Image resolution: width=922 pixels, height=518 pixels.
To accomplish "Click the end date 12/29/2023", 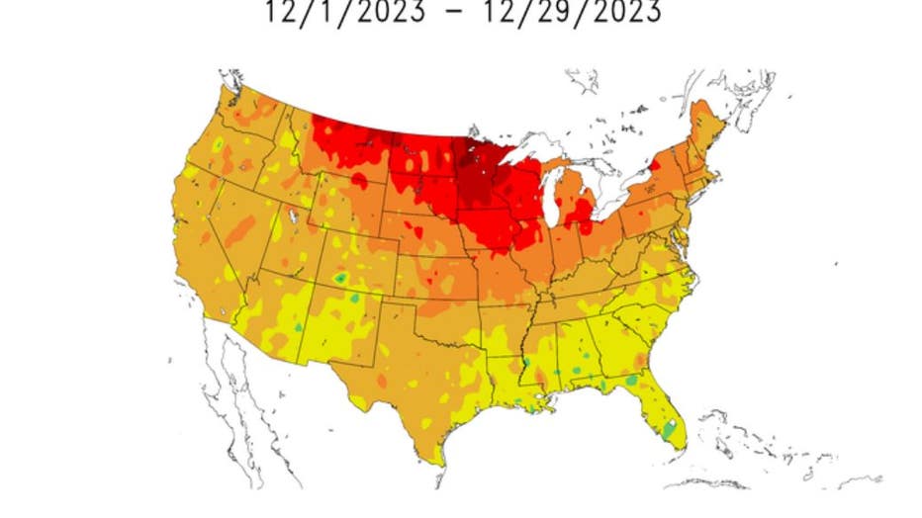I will pyautogui.click(x=570, y=13).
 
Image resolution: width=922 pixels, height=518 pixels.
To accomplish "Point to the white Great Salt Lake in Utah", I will pyautogui.click(x=292, y=216).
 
